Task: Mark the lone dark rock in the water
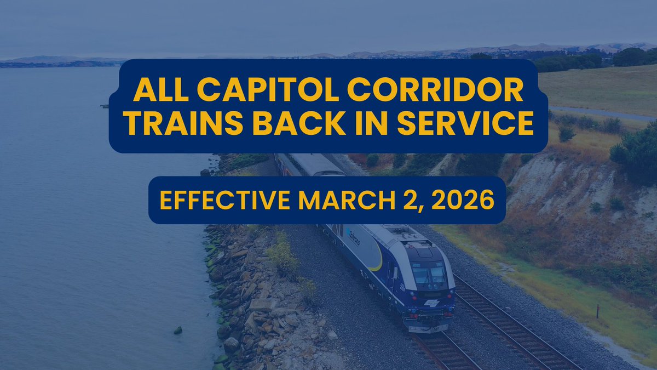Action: tap(177, 330)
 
